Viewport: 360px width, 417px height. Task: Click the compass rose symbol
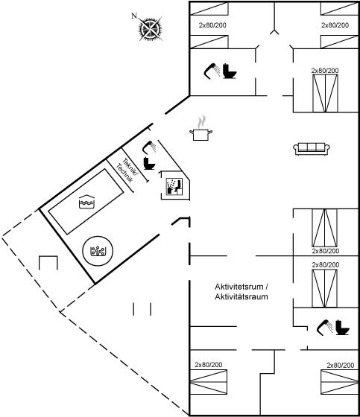click(151, 29)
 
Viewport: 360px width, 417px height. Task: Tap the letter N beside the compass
click(134, 16)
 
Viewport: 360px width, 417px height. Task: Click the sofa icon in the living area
click(312, 149)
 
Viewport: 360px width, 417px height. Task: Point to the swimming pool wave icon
click(86, 202)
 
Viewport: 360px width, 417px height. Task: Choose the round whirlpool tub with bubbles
click(98, 251)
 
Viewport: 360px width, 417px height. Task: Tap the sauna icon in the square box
click(174, 186)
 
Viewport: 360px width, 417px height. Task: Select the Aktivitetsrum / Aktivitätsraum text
click(241, 292)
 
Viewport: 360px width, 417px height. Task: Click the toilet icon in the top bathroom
click(230, 71)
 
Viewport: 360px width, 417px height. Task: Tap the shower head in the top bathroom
click(212, 71)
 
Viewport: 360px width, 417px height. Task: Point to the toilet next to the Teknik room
click(149, 163)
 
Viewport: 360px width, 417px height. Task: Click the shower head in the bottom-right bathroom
click(325, 327)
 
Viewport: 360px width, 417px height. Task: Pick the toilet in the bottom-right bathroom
click(342, 328)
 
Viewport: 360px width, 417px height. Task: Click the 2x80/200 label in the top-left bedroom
click(212, 25)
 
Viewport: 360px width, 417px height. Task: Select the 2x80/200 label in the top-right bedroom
click(335, 25)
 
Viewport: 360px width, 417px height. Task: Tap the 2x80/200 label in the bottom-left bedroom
click(209, 365)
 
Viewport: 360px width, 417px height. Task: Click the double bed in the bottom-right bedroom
click(339, 382)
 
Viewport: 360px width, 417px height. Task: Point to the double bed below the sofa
click(324, 228)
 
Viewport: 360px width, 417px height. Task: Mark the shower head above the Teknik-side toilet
click(150, 147)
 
